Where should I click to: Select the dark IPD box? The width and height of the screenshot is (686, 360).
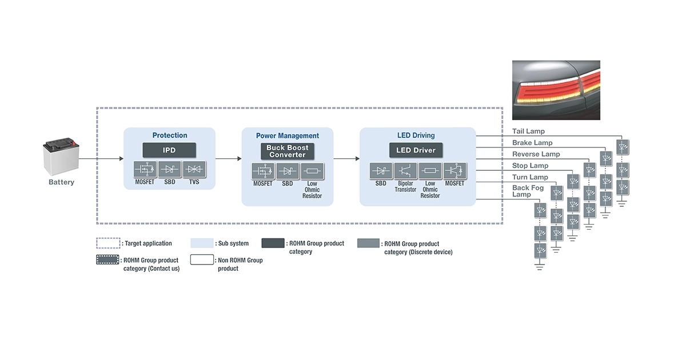click(169, 150)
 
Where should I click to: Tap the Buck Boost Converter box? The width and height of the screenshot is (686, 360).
click(287, 151)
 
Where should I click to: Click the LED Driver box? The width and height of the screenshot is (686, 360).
click(416, 150)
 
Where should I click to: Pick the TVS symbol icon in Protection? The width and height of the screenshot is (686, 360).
click(194, 170)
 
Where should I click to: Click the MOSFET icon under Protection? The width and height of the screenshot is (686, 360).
click(144, 170)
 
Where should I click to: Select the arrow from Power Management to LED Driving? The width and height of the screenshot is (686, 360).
click(346, 158)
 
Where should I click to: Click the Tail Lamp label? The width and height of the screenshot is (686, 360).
click(528, 131)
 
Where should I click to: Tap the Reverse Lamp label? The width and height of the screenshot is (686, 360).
click(536, 154)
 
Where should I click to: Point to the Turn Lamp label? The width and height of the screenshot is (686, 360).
click(530, 177)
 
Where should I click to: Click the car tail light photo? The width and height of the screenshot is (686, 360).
click(556, 90)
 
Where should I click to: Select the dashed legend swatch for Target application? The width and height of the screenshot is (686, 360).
click(107, 243)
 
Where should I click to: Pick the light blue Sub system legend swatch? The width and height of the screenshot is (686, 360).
click(202, 243)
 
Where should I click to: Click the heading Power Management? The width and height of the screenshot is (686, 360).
click(287, 135)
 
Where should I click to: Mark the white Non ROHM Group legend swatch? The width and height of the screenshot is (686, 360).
click(202, 261)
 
